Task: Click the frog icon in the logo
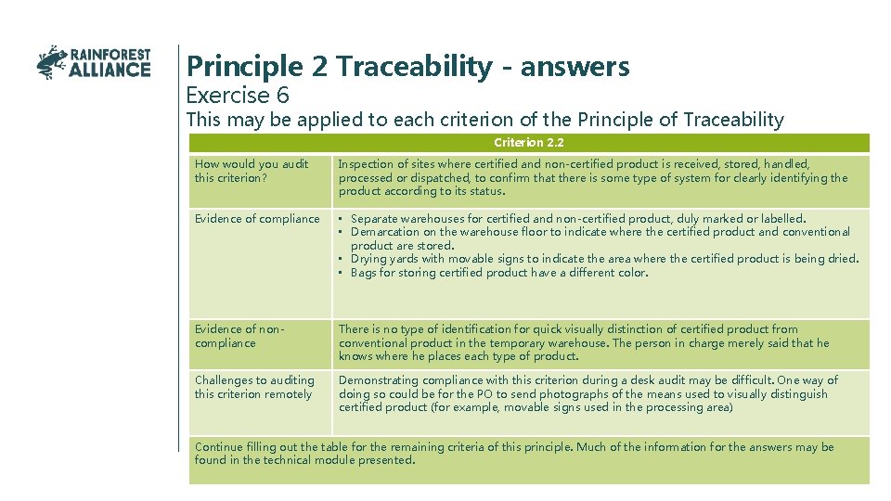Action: point(52,62)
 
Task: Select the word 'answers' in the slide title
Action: point(575,67)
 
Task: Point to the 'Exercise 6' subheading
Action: point(238,95)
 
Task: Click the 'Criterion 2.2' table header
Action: point(529,143)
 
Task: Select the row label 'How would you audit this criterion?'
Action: point(252,171)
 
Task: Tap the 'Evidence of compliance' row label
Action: point(257,219)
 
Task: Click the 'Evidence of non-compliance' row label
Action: point(239,336)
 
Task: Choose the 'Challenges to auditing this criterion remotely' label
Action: point(254,387)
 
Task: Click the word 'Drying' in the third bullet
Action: point(367,259)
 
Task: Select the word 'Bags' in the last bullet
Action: point(364,273)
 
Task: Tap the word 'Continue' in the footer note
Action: point(219,447)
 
